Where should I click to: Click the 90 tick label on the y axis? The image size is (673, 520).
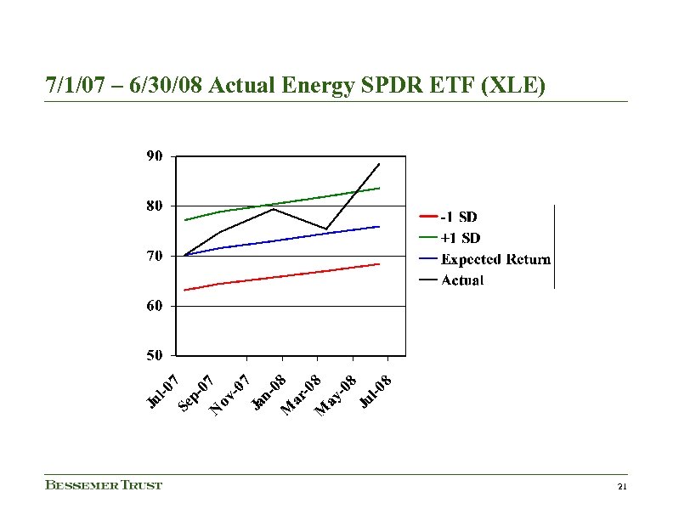[155, 156]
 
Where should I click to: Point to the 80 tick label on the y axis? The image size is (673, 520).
[155, 206]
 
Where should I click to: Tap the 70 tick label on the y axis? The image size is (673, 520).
[155, 256]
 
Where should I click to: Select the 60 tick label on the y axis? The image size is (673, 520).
[155, 306]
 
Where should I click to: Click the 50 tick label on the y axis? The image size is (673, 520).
[155, 355]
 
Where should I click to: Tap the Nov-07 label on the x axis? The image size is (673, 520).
[230, 395]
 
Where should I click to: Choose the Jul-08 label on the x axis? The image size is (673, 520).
[375, 390]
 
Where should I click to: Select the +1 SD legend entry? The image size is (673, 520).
[460, 238]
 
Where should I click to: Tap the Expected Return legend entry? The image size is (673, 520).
[495, 259]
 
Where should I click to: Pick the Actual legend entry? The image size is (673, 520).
[462, 280]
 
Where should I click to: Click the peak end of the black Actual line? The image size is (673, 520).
[379, 163]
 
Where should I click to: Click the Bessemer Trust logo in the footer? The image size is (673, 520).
[104, 485]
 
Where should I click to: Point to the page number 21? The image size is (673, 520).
[622, 487]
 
